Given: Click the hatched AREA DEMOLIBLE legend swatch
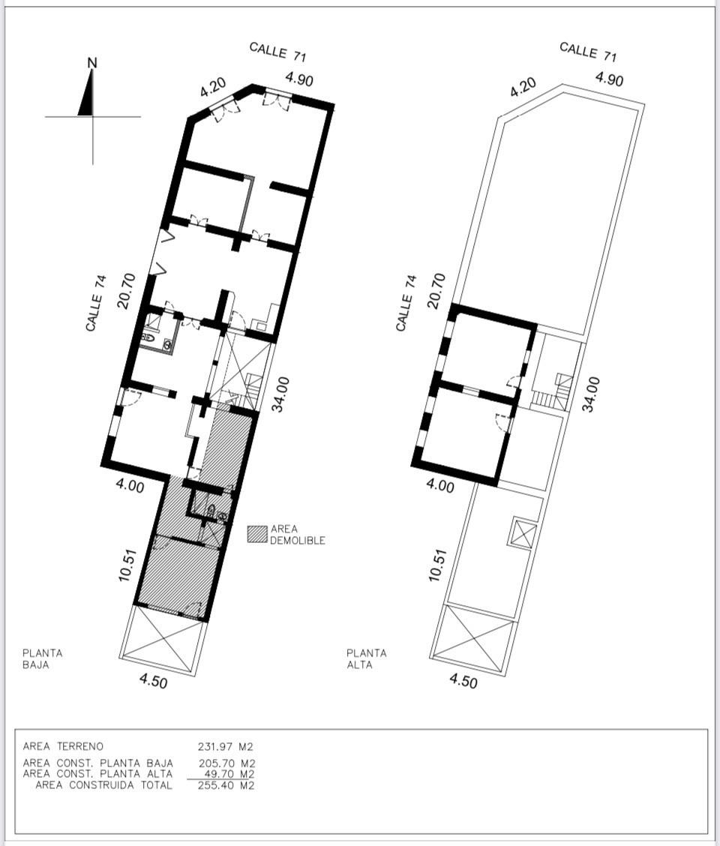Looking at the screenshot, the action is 257,534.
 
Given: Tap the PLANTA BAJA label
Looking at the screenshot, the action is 43,658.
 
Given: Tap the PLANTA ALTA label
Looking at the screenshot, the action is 367,658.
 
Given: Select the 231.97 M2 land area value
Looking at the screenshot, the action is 226,747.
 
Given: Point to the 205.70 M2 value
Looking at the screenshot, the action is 226,763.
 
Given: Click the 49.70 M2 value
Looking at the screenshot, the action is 229,774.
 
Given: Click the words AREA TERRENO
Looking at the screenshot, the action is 63,747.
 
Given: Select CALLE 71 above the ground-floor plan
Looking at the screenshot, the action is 278,52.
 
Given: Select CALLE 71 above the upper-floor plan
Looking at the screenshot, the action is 588,52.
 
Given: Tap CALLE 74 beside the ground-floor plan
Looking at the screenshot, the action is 95,303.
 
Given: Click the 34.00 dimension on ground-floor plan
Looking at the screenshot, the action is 280,394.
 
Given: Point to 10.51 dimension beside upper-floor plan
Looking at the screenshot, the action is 438,565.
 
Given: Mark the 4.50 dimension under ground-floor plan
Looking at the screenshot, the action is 153,682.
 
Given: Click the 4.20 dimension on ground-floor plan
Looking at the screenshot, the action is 213,88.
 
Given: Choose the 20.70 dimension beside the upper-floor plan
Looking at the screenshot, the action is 436,290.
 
